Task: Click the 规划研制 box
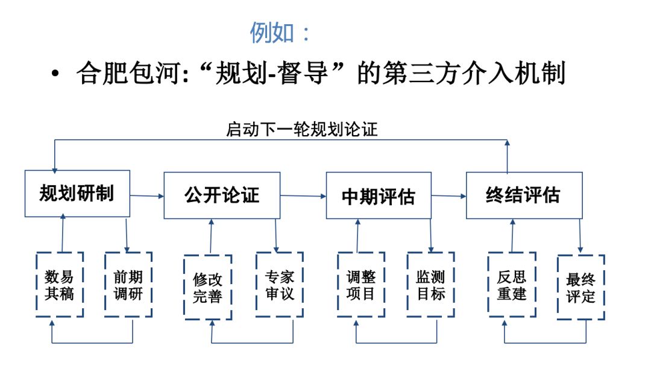[x=77, y=194]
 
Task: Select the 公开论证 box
[x=222, y=195]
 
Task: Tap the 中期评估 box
[x=379, y=195]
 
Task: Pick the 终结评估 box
[x=523, y=195]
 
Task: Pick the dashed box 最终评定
[x=581, y=288]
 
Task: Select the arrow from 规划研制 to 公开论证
[x=147, y=195]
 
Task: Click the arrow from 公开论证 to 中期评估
[x=303, y=195]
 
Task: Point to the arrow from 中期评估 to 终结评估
[x=449, y=195]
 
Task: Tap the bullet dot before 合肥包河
[x=55, y=75]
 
